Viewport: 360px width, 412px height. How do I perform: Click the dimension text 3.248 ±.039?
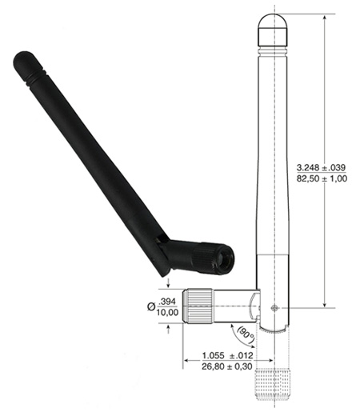pyautogui.click(x=321, y=166)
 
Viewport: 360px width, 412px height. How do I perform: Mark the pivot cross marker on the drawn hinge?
pyautogui.click(x=275, y=307)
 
